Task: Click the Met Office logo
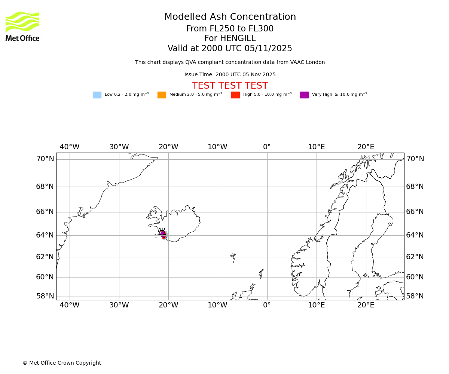[x=22, y=26]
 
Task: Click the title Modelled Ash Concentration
[x=230, y=17]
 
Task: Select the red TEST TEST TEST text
[x=230, y=86]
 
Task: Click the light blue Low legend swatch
[x=97, y=95]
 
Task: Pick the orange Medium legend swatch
[x=162, y=95]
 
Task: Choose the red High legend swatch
[x=235, y=95]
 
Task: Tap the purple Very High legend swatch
[x=304, y=95]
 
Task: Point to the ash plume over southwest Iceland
[x=164, y=234]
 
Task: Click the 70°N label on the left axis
[x=45, y=159]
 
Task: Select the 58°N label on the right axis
[x=415, y=296]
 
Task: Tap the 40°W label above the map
[x=70, y=147]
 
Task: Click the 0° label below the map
[x=267, y=305]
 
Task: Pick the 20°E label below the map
[x=366, y=305]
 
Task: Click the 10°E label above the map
[x=316, y=147]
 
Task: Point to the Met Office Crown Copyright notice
[x=62, y=363]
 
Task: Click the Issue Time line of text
[x=230, y=74]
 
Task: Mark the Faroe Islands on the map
[x=233, y=257]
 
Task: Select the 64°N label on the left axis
[x=45, y=235]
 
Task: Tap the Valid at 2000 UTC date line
[x=230, y=49]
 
